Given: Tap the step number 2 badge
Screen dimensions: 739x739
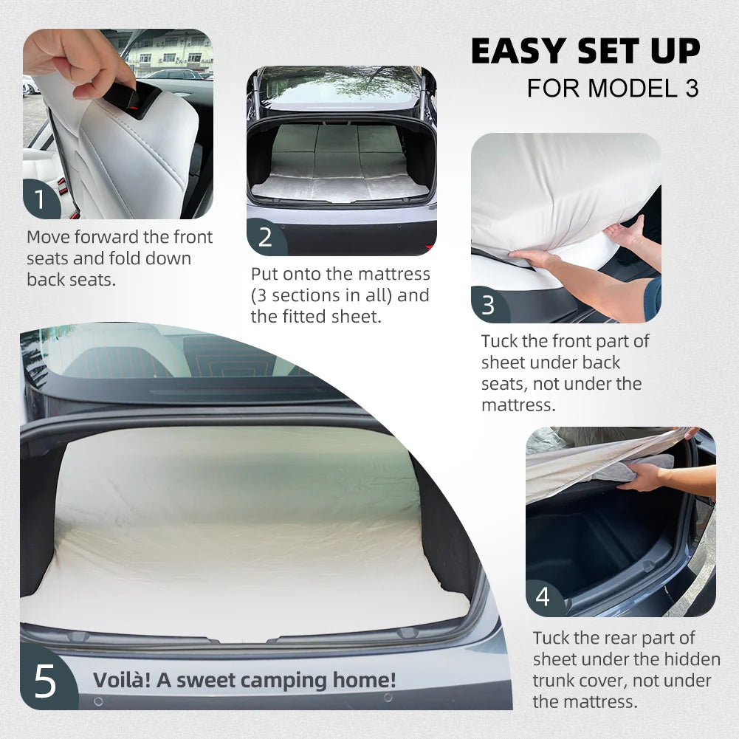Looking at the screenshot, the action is pos(265,237).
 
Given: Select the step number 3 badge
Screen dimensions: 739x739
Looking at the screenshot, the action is pos(489,305).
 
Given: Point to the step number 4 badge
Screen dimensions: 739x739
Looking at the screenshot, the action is pos(543,597).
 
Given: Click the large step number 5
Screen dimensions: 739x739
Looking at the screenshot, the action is pos(46,681).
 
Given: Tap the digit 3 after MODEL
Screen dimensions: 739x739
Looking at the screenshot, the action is pos(692,88).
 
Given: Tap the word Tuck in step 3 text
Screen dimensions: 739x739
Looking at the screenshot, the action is pos(499,341).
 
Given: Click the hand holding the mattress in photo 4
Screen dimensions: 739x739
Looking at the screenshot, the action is pos(641,476).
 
